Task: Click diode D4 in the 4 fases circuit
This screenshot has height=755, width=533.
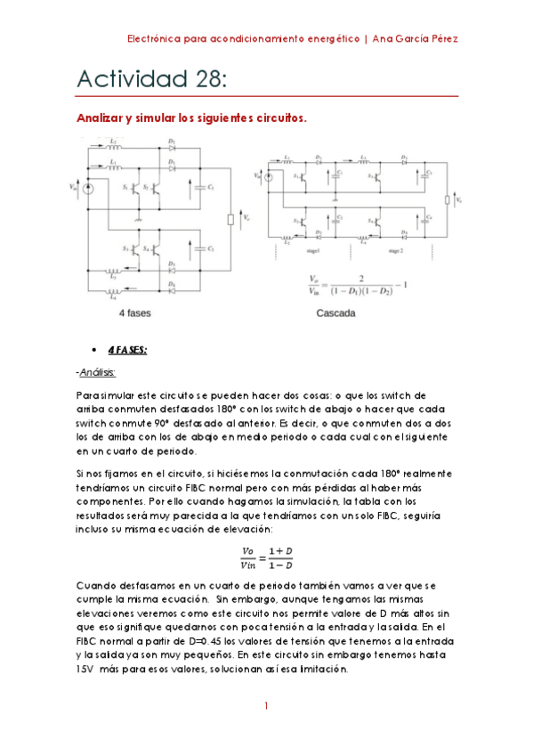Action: [x=171, y=290]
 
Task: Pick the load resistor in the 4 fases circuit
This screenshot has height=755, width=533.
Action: [x=231, y=219]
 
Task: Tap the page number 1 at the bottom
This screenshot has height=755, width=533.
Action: [x=266, y=707]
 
